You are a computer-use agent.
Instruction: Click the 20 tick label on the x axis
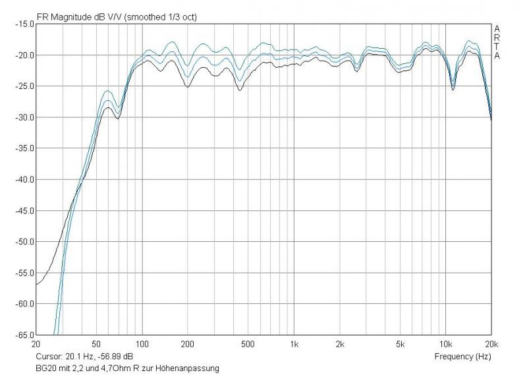pyautogui.click(x=36, y=344)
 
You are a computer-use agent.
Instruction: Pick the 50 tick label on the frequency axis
pyautogui.click(x=96, y=344)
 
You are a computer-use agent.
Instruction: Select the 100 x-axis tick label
pyautogui.click(x=142, y=344)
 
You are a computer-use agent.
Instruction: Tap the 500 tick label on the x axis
pyautogui.click(x=248, y=344)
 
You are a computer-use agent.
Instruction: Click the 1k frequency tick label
pyautogui.click(x=294, y=344)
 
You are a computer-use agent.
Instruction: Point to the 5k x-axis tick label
pyautogui.click(x=401, y=344)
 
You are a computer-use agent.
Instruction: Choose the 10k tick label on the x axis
pyautogui.click(x=446, y=344)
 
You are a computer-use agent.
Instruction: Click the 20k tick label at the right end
pyautogui.click(x=490, y=344)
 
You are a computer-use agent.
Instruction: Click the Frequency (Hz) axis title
pyautogui.click(x=463, y=357)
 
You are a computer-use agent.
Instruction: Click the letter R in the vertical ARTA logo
pyautogui.click(x=497, y=38)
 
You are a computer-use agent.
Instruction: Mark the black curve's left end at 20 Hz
pyautogui.click(x=36, y=284)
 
